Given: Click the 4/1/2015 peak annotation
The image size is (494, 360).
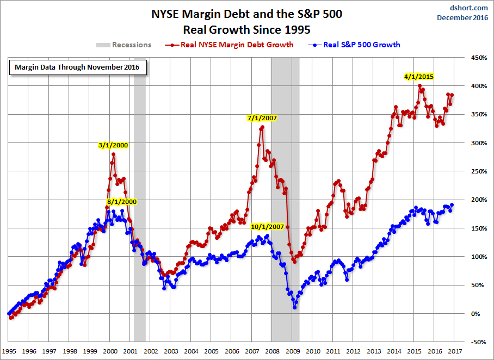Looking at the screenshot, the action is coord(419,77).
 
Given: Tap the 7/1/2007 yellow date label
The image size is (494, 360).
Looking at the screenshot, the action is coord(262,118).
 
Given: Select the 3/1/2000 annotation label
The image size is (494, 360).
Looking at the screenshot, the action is coord(113,145).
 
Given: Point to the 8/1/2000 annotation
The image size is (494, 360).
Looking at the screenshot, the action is coord(122,202).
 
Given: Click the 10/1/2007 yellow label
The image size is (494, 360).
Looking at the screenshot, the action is coord(267,227).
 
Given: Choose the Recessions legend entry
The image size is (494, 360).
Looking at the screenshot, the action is coord(124,45).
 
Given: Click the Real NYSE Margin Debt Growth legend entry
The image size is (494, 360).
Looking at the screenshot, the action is coord(230,45).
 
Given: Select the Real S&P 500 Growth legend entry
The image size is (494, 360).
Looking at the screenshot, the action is coord(354,45).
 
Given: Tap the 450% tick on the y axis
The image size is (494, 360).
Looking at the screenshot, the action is coord(479,58).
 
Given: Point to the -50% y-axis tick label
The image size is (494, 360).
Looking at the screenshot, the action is coord(479,342).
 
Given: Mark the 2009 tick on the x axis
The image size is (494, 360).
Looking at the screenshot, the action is coord(293,351).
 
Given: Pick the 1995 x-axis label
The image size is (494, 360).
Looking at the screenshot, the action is coord(9,351).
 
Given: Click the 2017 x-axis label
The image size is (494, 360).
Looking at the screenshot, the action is coord(455,351).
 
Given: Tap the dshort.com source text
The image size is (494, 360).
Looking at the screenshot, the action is coord(468,8).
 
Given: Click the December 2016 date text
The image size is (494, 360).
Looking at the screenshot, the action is coord(462,17).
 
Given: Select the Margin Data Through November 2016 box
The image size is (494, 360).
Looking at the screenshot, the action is coord(78,67).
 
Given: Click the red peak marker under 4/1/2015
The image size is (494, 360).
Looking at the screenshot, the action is coord(419,86).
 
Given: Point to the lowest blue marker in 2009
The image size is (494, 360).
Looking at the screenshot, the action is coord(294,307).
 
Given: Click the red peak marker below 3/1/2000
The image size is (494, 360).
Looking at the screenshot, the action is coord(113,154).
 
